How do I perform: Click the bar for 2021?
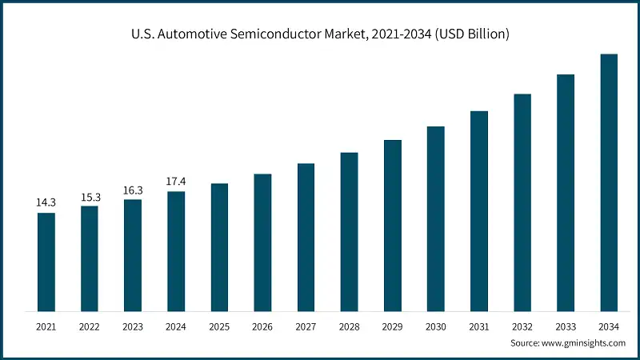(x=46, y=262)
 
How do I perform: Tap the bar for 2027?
(x=306, y=237)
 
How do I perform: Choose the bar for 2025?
(x=219, y=247)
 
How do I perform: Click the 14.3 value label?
(x=46, y=203)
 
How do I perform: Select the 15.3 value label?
(x=90, y=197)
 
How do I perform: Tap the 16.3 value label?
(x=133, y=190)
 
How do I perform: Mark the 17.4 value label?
(x=176, y=182)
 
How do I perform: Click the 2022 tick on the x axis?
(x=90, y=326)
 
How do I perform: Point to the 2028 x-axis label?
(x=349, y=326)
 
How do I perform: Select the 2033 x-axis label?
(x=566, y=326)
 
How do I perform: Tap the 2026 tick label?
(x=262, y=326)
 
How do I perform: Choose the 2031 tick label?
(x=478, y=326)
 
